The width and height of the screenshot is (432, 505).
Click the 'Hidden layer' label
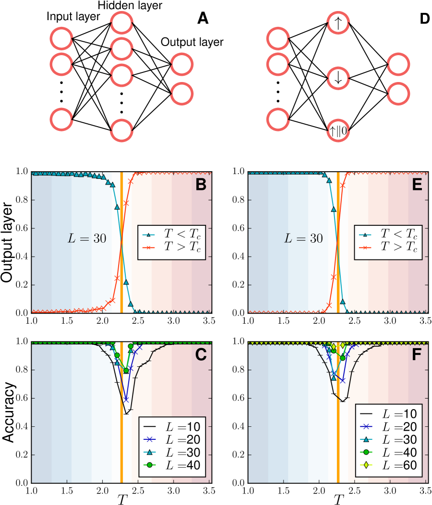pyautogui.click(x=130, y=6)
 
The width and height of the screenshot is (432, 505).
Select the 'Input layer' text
pyautogui.click(x=73, y=17)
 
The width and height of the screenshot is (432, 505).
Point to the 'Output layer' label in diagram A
pyautogui.click(x=192, y=42)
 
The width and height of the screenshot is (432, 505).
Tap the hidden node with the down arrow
pyautogui.click(x=338, y=79)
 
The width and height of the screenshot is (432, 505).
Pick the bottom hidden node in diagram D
pyautogui.click(x=338, y=131)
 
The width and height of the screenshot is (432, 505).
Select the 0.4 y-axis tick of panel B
pyautogui.click(x=21, y=257)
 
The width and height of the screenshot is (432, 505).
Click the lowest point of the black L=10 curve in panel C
pyautogui.click(x=126, y=413)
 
